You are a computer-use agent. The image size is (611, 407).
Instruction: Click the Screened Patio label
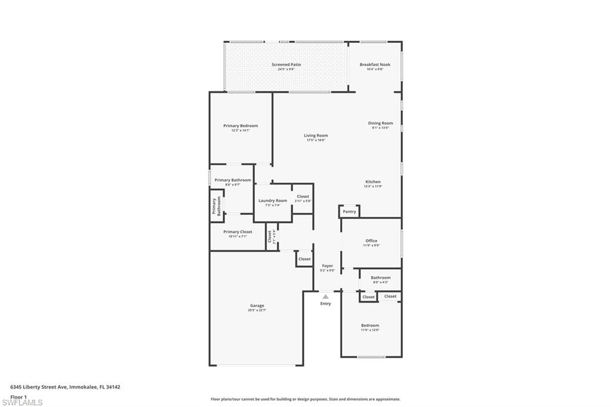click(286, 64)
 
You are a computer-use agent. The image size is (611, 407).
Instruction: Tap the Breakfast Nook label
click(375, 64)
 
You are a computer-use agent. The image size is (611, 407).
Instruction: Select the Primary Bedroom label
click(240, 126)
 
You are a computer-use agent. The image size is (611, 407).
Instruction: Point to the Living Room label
click(316, 135)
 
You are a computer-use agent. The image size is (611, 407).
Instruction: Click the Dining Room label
click(380, 124)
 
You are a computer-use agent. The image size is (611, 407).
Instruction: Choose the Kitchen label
click(373, 182)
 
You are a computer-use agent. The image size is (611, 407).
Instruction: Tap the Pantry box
click(350, 212)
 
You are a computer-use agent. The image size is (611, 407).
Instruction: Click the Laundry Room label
click(273, 201)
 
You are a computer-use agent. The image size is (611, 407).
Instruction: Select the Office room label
click(371, 241)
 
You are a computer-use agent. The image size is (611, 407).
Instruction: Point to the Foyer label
click(328, 266)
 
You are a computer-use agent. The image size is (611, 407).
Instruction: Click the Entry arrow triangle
click(325, 296)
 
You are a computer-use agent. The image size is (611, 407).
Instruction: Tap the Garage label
click(257, 306)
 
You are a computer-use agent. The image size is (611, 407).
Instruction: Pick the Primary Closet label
click(237, 232)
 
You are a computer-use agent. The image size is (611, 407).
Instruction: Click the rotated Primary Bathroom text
click(216, 206)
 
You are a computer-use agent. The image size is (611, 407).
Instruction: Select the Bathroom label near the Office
click(381, 277)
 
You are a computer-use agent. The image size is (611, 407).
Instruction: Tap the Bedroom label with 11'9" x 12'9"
click(370, 325)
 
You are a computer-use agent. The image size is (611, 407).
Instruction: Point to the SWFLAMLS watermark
click(22, 402)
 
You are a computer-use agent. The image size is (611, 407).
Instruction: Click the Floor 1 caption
click(19, 396)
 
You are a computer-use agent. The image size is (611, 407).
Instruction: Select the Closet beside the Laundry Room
click(303, 196)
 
